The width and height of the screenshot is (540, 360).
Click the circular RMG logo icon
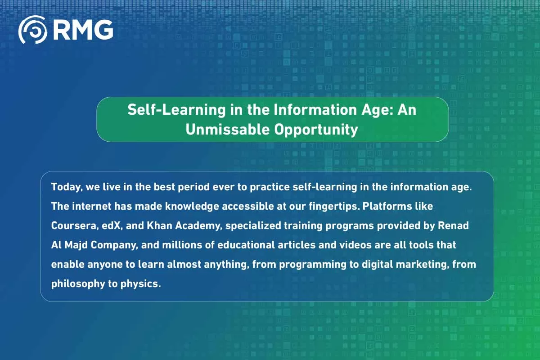[32, 30]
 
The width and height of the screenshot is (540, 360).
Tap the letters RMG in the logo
[83, 30]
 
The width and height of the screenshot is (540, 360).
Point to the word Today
[65, 187]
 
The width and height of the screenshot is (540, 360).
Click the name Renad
[454, 225]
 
